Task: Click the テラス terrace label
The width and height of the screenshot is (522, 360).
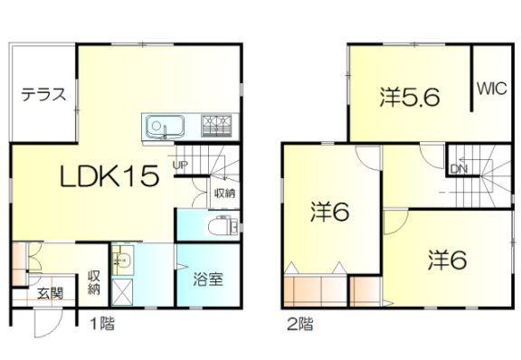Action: pyautogui.click(x=43, y=93)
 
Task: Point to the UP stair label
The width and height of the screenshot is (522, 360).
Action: pyautogui.click(x=178, y=164)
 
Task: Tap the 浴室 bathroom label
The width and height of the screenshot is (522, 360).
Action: pyautogui.click(x=209, y=279)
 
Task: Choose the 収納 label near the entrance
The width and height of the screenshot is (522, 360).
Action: pyautogui.click(x=93, y=282)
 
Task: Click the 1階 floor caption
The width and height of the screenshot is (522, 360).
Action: pyautogui.click(x=100, y=320)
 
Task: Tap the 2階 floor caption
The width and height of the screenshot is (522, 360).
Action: pyautogui.click(x=300, y=320)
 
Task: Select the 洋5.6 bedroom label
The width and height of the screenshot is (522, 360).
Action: pyautogui.click(x=410, y=96)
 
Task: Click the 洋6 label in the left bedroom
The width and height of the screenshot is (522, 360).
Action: pyautogui.click(x=330, y=212)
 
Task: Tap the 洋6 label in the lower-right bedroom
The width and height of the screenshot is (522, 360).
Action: pyautogui.click(x=447, y=260)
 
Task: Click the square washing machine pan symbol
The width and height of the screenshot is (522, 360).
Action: pyautogui.click(x=124, y=290)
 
